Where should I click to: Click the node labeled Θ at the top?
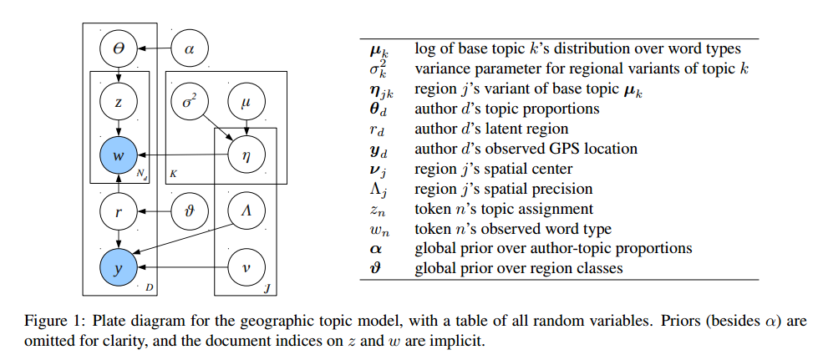click(x=119, y=50)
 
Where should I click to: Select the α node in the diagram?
click(x=190, y=50)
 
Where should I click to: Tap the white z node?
click(x=119, y=103)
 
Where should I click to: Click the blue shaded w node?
click(x=119, y=155)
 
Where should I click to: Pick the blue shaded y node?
click(x=119, y=268)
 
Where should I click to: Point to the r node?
click(x=119, y=211)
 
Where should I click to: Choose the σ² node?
click(x=190, y=103)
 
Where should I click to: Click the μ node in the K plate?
click(x=246, y=103)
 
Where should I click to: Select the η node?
click(x=246, y=155)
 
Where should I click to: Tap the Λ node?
click(x=246, y=211)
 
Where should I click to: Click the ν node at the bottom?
click(x=246, y=268)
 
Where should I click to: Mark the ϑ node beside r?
click(x=190, y=211)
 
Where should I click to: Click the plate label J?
click(x=267, y=288)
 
